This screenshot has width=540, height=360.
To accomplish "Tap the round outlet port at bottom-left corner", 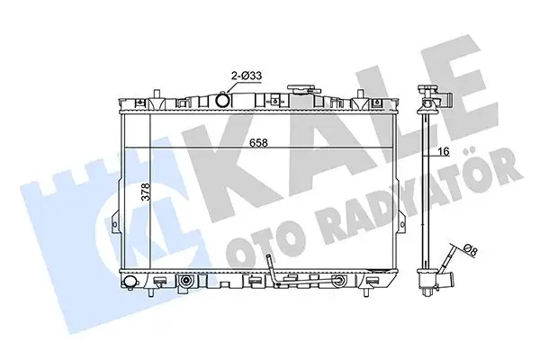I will [130, 285].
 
